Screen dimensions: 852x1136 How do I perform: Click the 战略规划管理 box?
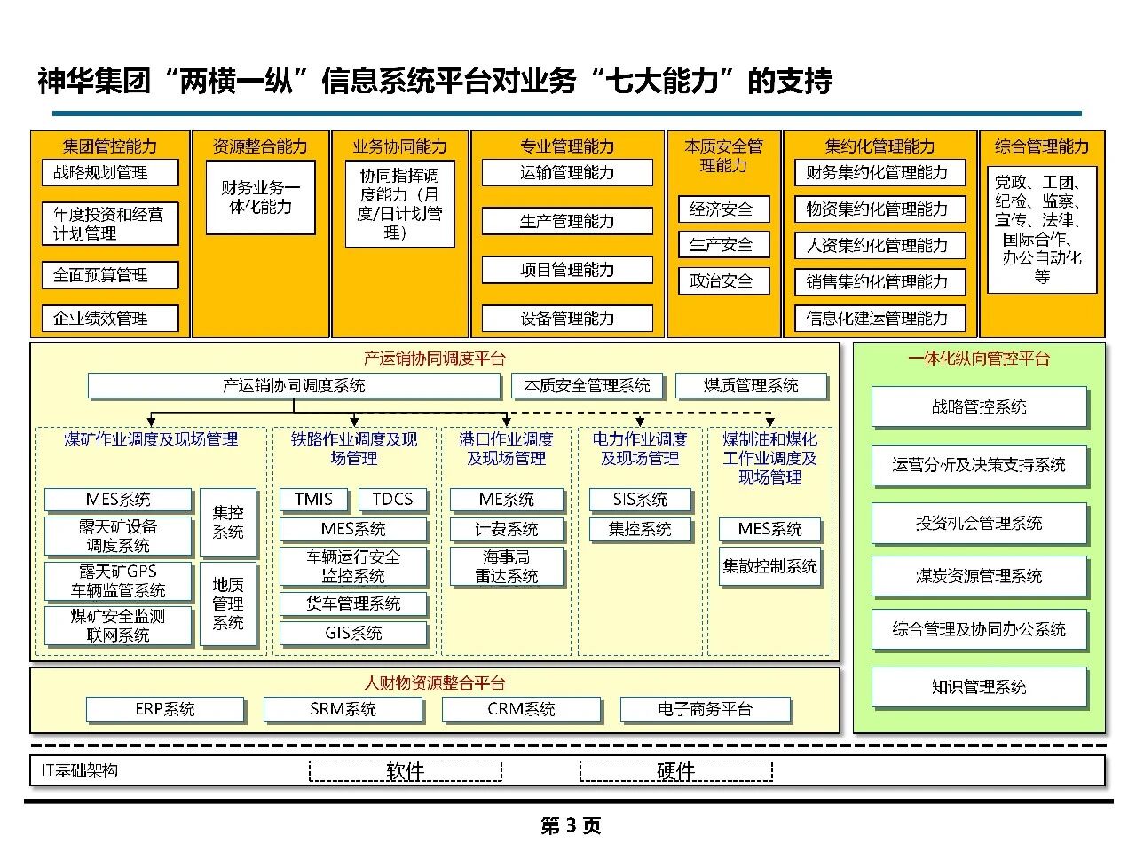tap(109, 172)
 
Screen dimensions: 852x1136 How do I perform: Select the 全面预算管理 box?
tap(109, 275)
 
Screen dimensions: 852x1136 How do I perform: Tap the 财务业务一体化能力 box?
tap(260, 197)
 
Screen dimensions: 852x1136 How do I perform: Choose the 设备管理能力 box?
tap(567, 318)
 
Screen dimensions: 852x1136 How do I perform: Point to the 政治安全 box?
tap(722, 281)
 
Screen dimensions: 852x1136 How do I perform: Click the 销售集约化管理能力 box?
tap(879, 282)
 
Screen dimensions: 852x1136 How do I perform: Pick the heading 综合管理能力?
tap(1042, 146)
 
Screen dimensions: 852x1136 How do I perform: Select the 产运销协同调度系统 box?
tap(293, 386)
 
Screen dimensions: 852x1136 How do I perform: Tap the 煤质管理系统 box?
tap(751, 386)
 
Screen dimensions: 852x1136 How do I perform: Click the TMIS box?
tap(313, 499)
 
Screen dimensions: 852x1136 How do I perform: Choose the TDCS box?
tap(392, 499)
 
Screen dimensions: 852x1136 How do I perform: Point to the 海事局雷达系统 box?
tap(506, 566)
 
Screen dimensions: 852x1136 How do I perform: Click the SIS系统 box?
tap(640, 500)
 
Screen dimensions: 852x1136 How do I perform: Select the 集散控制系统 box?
tap(769, 566)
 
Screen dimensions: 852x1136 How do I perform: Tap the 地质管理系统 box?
tap(228, 603)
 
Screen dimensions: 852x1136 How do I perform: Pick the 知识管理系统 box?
tap(979, 687)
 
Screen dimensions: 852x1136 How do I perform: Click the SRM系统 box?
tap(343, 709)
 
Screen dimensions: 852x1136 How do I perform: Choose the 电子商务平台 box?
tap(705, 709)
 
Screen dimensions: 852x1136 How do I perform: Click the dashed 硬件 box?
tap(675, 771)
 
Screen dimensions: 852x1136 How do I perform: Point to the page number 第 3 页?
tap(571, 826)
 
